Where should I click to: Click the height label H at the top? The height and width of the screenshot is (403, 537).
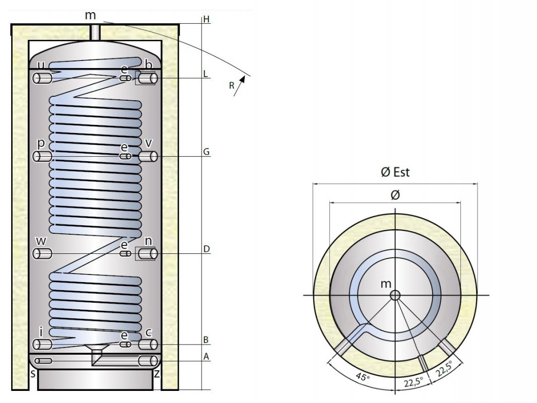point(206,20)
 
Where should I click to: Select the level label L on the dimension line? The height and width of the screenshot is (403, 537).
point(206,74)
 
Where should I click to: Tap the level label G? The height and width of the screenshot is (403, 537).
point(206,152)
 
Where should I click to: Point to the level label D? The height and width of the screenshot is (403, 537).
point(206,249)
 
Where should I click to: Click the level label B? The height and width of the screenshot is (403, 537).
point(206,340)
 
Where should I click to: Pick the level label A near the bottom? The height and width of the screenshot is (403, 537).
point(206,356)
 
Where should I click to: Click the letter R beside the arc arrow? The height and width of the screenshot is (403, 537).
point(232,86)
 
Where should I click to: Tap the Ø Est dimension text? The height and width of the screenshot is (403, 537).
point(395,172)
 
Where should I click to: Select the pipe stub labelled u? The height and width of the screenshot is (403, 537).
point(42,78)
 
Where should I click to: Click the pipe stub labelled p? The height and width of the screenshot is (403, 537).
point(42,157)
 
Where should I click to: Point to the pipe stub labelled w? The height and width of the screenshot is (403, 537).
point(42,253)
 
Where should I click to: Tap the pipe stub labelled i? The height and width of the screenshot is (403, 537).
point(42,344)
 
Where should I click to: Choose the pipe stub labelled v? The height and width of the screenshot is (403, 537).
point(148,157)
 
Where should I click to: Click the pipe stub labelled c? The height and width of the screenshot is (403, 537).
point(148,344)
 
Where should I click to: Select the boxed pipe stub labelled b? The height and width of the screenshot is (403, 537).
point(146,78)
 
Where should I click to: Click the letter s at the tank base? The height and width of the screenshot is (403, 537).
point(33,373)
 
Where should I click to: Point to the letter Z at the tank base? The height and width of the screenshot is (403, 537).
point(157,373)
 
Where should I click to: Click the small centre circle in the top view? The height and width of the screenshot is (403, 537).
point(395,295)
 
